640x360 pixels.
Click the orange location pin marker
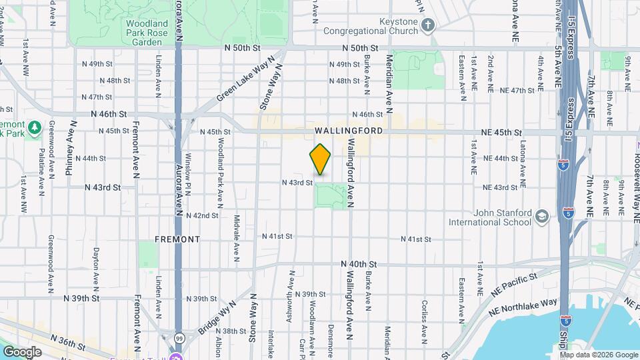pos(321,159)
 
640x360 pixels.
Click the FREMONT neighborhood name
pos(177,238)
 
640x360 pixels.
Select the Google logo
pos(22,351)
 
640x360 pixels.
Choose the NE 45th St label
pos(503,132)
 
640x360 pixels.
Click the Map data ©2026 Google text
pos(598,355)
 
